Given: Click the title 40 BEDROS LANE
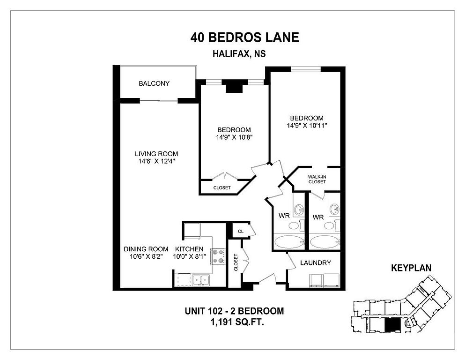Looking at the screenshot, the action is click(x=244, y=37).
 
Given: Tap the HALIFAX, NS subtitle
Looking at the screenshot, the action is click(x=239, y=54).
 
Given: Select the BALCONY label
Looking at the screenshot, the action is click(x=154, y=83).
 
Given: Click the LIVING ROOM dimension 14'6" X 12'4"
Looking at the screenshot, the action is click(x=156, y=161).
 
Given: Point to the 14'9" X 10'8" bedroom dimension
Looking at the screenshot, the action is click(x=234, y=137).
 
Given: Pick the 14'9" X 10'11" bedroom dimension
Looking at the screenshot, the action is click(x=307, y=125).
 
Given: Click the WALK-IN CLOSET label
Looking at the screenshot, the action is click(x=317, y=179).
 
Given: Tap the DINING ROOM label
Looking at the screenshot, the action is click(x=146, y=249).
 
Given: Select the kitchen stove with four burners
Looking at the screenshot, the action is click(x=218, y=256).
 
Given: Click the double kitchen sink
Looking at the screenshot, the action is click(x=201, y=280).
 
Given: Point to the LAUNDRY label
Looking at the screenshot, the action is click(x=316, y=262).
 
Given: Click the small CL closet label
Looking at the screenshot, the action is click(x=241, y=231).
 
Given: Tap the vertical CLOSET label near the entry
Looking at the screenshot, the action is click(x=236, y=262).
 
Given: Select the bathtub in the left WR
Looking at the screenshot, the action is click(x=289, y=242).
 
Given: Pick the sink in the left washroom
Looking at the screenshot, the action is click(x=299, y=210).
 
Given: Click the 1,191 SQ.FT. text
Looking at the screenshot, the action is click(x=237, y=322).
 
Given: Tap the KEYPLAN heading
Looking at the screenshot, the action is click(x=411, y=268).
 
